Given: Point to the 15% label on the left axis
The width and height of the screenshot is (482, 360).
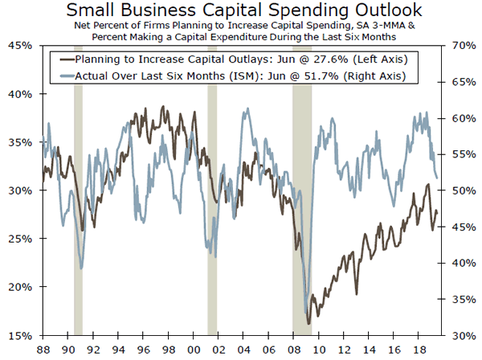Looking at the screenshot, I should (19, 335).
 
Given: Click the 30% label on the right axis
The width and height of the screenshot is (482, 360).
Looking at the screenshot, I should (463, 335).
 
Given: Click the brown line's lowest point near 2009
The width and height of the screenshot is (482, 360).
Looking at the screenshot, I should (310, 323).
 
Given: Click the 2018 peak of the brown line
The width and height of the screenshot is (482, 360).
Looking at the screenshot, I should (427, 185).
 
